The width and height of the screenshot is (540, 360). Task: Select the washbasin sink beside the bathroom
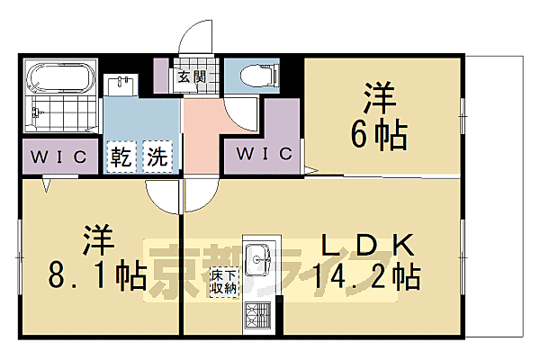(121, 84)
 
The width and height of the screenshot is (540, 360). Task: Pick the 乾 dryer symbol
(121, 156)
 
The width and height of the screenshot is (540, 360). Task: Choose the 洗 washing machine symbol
(157, 156)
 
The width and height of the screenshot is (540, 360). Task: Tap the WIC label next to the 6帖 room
(265, 154)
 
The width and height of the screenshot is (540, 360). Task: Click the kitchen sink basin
(258, 262)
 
